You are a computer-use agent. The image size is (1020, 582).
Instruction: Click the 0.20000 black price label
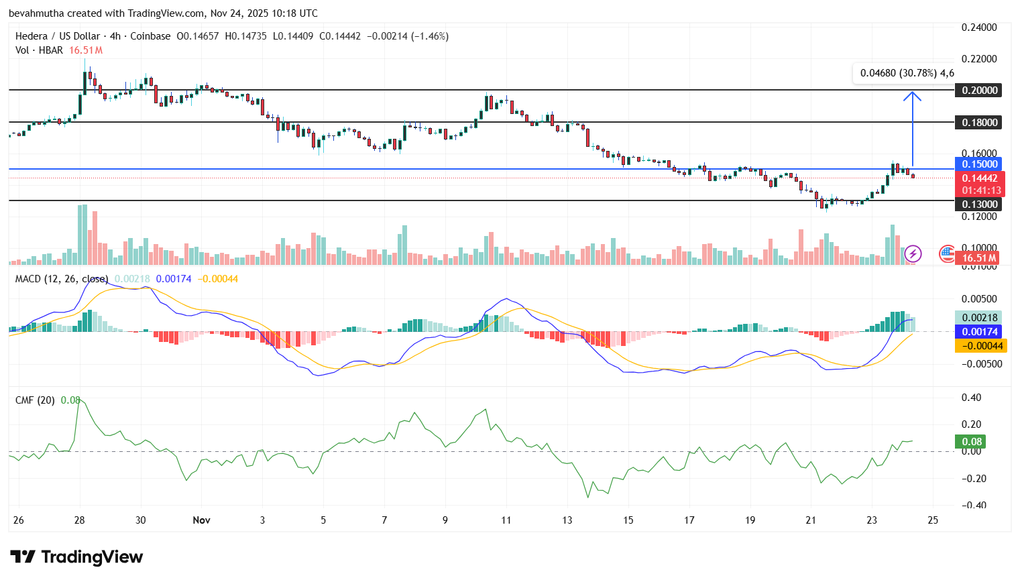(978, 91)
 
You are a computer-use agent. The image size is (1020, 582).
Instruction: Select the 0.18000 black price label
(978, 123)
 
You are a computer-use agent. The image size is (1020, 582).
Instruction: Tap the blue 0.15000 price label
(978, 164)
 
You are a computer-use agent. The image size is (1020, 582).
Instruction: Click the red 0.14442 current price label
(978, 178)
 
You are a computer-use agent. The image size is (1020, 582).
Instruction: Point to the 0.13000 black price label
(978, 205)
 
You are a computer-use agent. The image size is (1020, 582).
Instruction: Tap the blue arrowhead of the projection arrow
(912, 95)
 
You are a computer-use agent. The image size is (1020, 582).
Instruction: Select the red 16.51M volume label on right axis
(978, 258)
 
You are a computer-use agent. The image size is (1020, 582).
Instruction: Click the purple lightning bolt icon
(913, 253)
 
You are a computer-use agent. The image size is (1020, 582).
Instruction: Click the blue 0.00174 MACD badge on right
(978, 332)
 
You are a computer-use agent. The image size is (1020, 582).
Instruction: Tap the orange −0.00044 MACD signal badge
(978, 346)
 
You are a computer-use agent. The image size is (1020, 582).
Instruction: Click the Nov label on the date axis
(201, 520)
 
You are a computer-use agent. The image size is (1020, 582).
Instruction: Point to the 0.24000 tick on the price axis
(979, 27)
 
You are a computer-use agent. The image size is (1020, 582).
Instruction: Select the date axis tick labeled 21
(811, 520)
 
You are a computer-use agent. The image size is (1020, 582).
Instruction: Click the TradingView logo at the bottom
(76, 557)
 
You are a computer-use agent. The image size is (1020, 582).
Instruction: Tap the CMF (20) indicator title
(35, 400)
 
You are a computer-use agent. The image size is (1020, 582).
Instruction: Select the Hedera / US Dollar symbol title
(58, 36)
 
